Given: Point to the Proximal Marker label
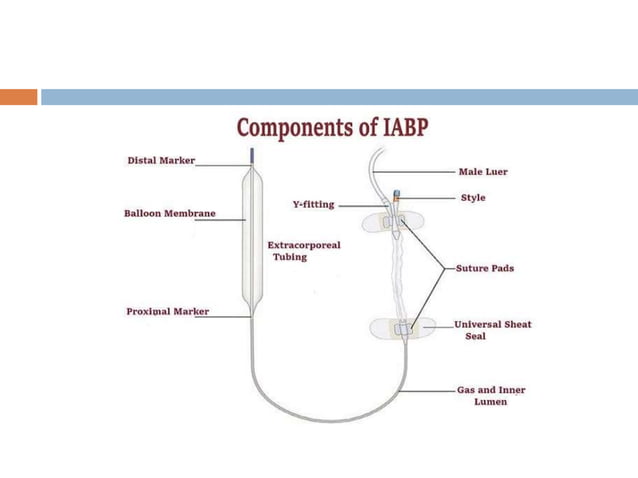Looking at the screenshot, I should click(167, 311).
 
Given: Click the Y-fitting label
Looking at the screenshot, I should click(313, 204).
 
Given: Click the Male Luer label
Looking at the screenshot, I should click(482, 172).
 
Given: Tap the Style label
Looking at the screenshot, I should click(473, 198).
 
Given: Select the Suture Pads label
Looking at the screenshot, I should click(484, 268).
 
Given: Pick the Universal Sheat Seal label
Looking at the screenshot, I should click(492, 330).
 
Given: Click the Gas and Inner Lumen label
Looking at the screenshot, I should click(490, 396).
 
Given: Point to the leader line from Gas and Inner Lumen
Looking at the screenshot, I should click(428, 390).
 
